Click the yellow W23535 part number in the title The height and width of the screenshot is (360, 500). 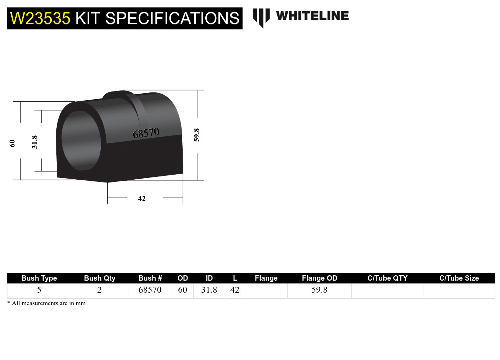(40, 18)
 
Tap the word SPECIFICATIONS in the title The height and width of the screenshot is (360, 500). (172, 18)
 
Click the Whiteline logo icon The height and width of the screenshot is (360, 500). (261, 17)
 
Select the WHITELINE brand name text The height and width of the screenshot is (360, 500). (312, 16)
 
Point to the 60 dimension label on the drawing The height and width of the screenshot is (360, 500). (12, 143)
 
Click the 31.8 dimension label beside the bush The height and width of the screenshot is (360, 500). (34, 142)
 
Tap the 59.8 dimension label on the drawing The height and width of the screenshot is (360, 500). (196, 135)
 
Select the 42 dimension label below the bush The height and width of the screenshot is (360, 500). (142, 198)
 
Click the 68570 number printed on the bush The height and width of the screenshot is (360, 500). (146, 133)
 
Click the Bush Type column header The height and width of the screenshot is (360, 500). (39, 278)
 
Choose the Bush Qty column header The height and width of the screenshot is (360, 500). (100, 278)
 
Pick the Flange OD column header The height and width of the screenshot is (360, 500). (320, 278)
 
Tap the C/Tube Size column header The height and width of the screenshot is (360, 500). (459, 278)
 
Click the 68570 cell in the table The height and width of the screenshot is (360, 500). (150, 290)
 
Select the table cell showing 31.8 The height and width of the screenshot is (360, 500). (209, 290)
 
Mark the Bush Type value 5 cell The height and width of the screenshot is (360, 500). (39, 290)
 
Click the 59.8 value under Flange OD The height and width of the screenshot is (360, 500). (320, 290)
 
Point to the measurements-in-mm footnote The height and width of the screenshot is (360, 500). (46, 303)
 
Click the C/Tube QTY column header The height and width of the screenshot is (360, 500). (387, 278)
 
